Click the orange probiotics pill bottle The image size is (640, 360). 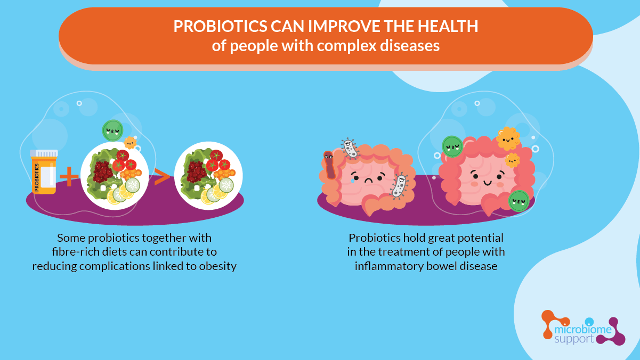click(x=44, y=172)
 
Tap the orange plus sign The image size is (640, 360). click(x=69, y=176)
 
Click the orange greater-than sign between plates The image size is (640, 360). click(x=161, y=177)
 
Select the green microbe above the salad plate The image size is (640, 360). click(x=112, y=130)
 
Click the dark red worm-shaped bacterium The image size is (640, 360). click(x=329, y=165)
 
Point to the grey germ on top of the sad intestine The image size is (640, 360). click(x=350, y=148)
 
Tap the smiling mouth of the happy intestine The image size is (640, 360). click(x=488, y=183)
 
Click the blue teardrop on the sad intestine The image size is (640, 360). click(x=353, y=181)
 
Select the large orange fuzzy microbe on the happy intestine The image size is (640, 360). click(x=508, y=139)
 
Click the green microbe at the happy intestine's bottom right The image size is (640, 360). click(x=519, y=201)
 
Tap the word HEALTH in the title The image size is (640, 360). click(x=448, y=26)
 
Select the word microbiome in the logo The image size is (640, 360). click(x=583, y=330)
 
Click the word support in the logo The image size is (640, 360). click(x=574, y=339)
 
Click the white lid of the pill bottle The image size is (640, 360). click(x=44, y=153)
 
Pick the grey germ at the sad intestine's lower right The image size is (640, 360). click(x=399, y=186)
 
